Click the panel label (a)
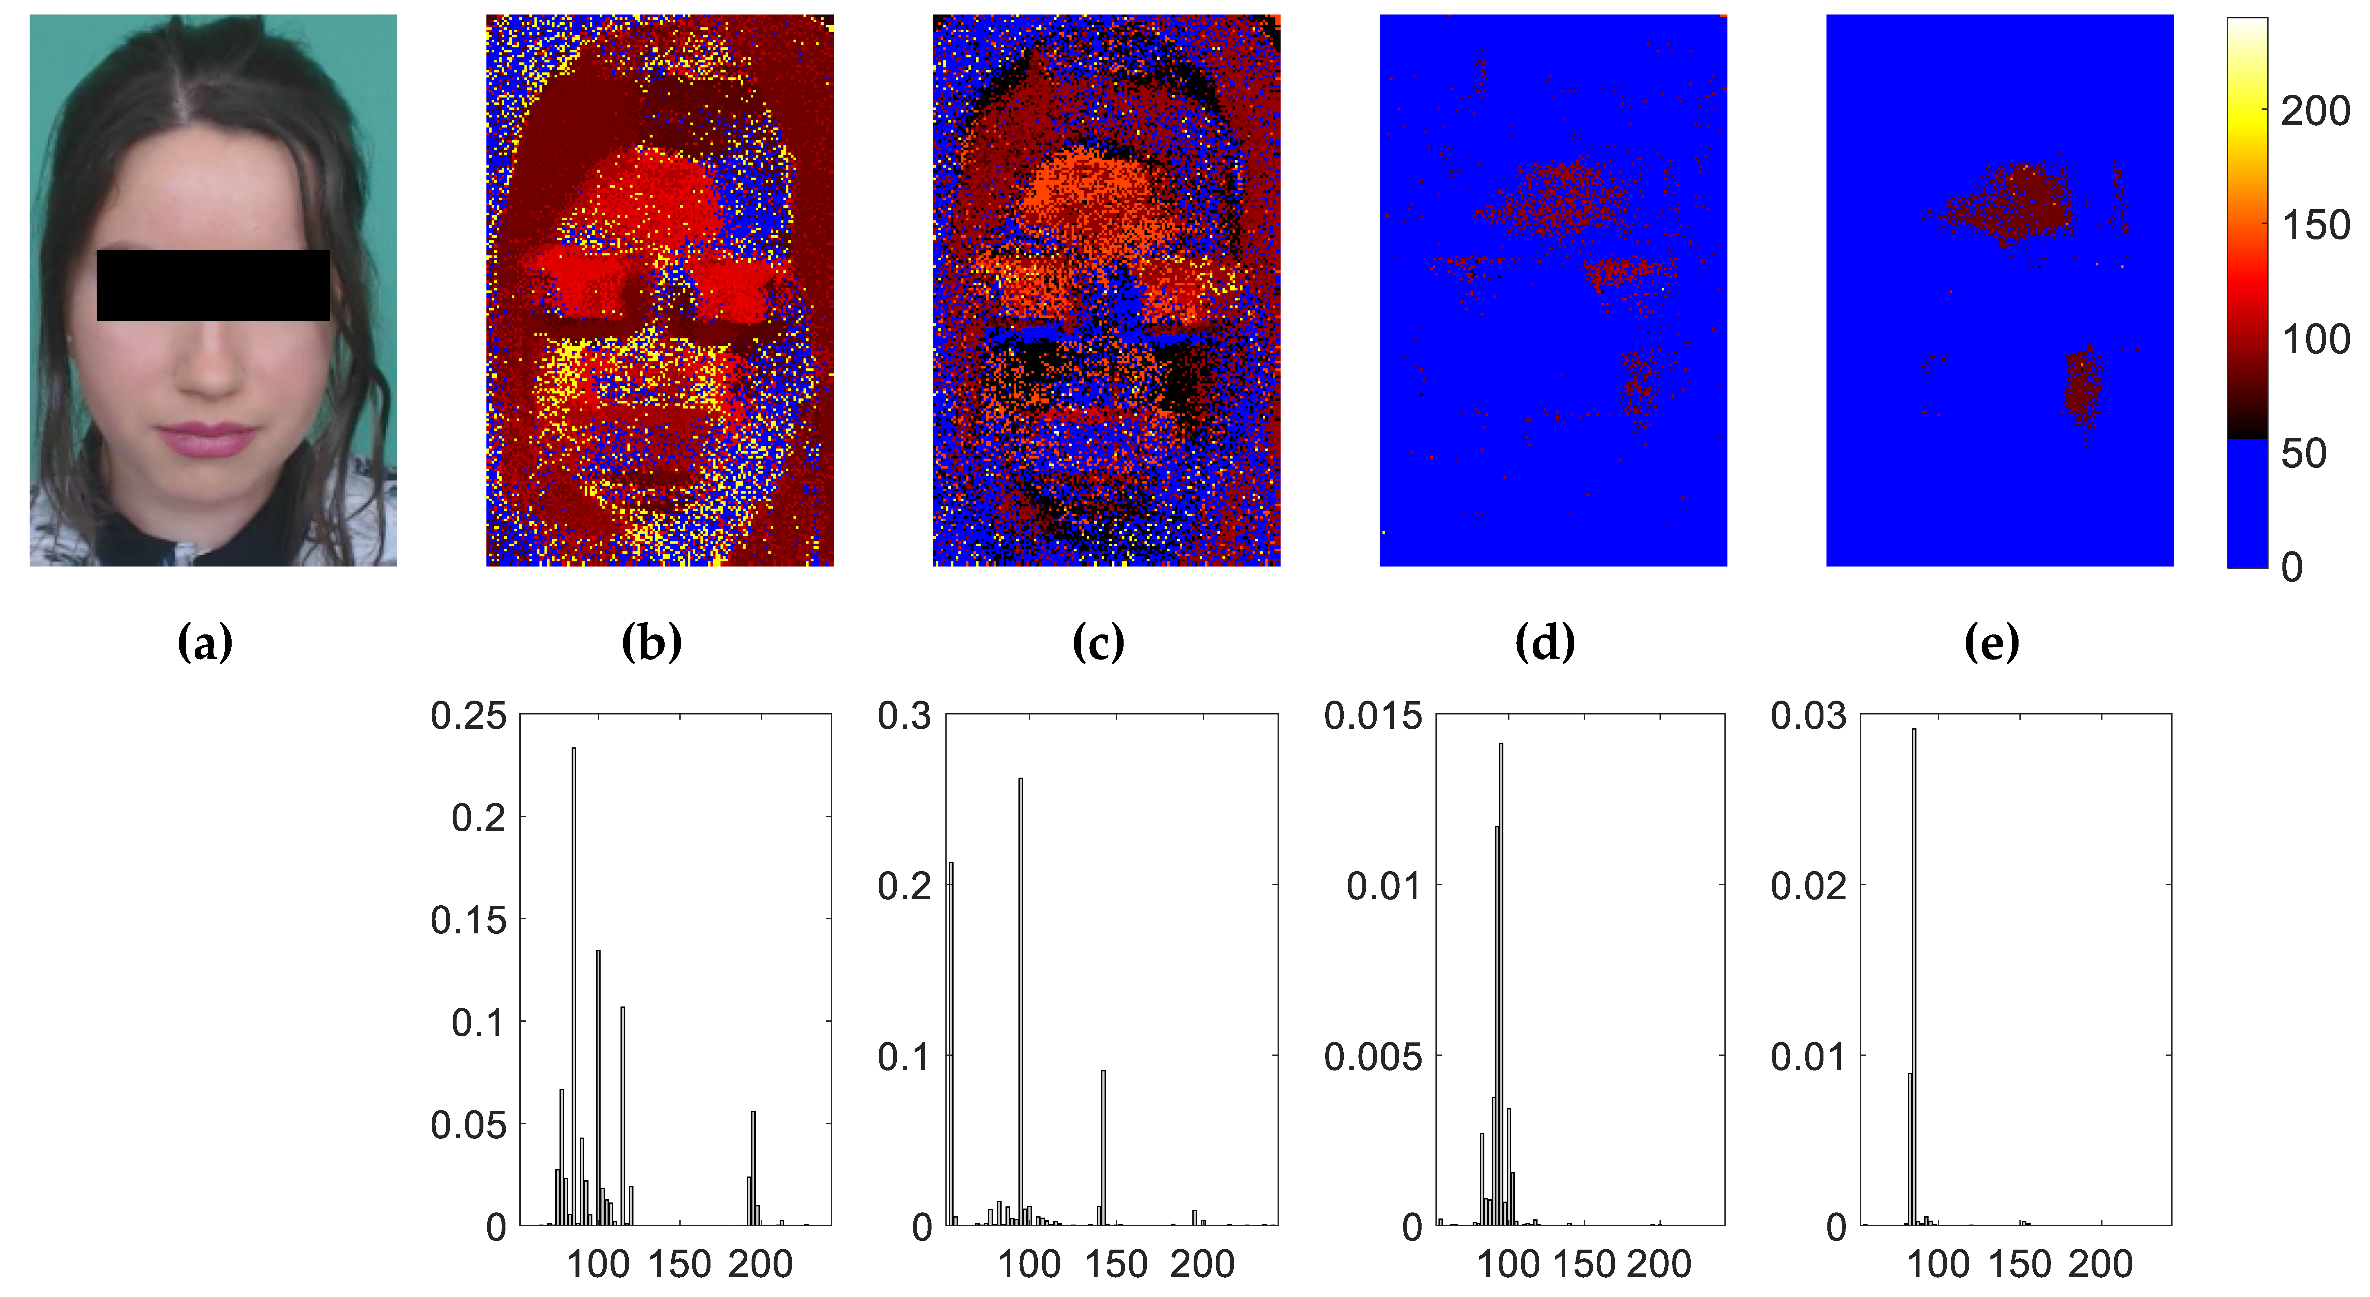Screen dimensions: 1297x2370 (204, 642)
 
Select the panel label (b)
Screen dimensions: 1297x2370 (651, 642)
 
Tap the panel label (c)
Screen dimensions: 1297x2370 (1098, 642)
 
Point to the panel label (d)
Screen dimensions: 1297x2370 (1545, 642)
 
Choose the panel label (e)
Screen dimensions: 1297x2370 (1992, 642)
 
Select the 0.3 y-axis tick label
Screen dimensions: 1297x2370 (904, 716)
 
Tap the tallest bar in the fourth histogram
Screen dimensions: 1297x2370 (1914, 975)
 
